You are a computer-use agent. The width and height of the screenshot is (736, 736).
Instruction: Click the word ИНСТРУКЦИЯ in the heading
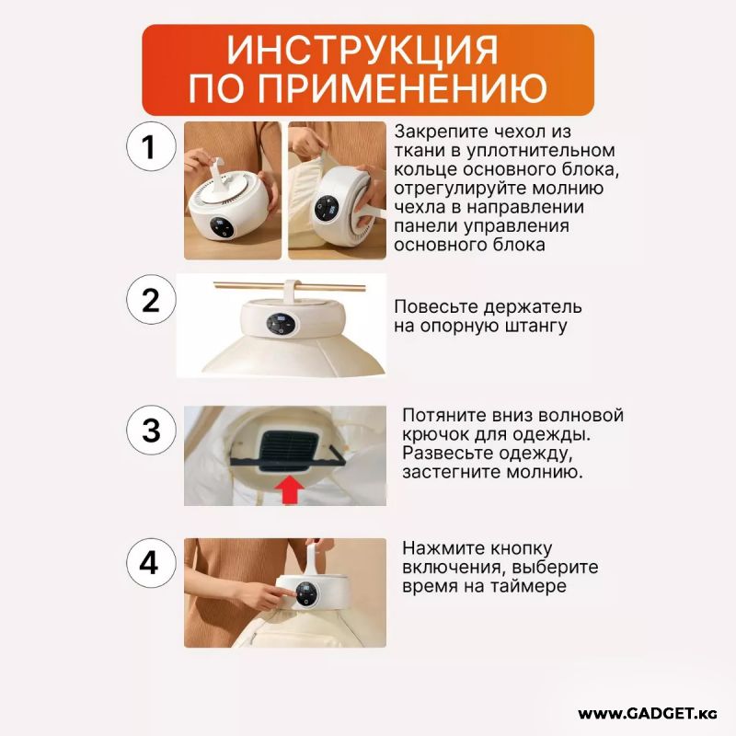[x=362, y=51]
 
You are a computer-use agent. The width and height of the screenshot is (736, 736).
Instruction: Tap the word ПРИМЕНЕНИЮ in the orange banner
[x=402, y=87]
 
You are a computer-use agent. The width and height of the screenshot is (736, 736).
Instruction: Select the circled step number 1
[x=151, y=146]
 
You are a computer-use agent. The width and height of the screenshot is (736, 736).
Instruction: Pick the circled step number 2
[x=151, y=300]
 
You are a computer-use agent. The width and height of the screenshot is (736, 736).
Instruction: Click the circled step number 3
[x=151, y=430]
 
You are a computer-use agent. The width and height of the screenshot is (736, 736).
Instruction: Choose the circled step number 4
[x=151, y=563]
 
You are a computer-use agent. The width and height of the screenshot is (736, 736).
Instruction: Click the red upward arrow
[x=289, y=489]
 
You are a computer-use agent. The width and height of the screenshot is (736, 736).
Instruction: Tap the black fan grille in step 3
[x=289, y=452]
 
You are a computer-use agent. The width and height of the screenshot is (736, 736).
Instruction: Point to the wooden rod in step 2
[x=290, y=286]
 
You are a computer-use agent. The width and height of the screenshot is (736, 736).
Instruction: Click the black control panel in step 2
[x=282, y=324]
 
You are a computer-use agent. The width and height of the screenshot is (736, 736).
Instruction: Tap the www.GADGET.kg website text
[x=648, y=714]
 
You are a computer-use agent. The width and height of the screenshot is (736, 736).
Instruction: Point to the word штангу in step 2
[x=535, y=327]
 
